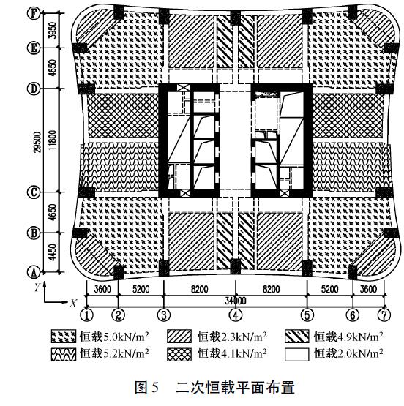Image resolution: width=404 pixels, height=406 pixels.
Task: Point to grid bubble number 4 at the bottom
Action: pyautogui.click(x=235, y=316)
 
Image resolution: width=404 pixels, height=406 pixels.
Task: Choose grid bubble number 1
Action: pyautogui.click(x=87, y=316)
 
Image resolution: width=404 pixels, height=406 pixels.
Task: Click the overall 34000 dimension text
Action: pyautogui.click(x=234, y=300)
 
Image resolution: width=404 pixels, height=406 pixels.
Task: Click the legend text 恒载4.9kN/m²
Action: pyautogui.click(x=348, y=337)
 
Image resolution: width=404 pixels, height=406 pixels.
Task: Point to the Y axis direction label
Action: pyautogui.click(x=36, y=287)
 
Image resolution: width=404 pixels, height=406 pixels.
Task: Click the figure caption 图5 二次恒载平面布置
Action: pyautogui.click(x=202, y=387)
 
